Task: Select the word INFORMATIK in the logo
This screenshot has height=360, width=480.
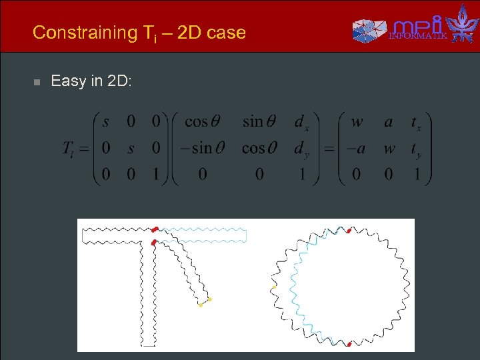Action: coord(418,35)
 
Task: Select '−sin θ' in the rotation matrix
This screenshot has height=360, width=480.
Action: coord(198,147)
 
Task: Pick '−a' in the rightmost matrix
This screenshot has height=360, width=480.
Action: coord(354,148)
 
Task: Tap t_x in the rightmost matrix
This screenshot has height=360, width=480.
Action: coord(416,123)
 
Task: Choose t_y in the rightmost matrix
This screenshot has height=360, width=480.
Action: coord(416,149)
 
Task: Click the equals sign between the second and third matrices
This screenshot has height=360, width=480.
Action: coord(328,148)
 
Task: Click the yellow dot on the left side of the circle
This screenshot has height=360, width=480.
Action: coord(273,287)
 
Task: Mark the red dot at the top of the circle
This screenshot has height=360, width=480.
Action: coord(348,231)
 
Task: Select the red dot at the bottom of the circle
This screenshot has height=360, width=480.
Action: coord(349,344)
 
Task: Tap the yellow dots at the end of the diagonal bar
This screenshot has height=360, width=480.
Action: coord(205,303)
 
